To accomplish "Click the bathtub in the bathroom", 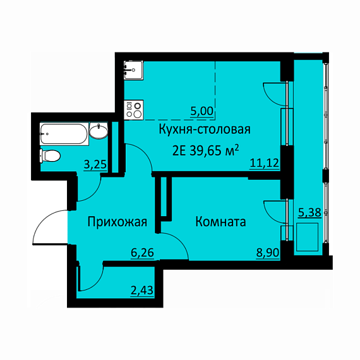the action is click(64, 134).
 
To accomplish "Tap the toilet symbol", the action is click(50, 155).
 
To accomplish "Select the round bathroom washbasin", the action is click(99, 131).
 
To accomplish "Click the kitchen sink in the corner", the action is click(133, 70).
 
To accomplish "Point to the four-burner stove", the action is click(133, 110).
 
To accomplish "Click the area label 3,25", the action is click(95, 165).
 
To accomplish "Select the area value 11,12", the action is click(264, 163).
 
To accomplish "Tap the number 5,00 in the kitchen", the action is click(202, 112).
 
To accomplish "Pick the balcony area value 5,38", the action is click(309, 212).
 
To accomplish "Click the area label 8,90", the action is click(268, 253).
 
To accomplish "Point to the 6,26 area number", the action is click(142, 253).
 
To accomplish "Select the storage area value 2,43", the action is click(141, 290).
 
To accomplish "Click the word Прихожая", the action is click(117, 222).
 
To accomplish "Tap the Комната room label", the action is click(220, 222).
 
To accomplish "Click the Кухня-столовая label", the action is click(205, 129).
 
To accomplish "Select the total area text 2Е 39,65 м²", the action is click(205, 151).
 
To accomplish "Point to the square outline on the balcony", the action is click(307, 237).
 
